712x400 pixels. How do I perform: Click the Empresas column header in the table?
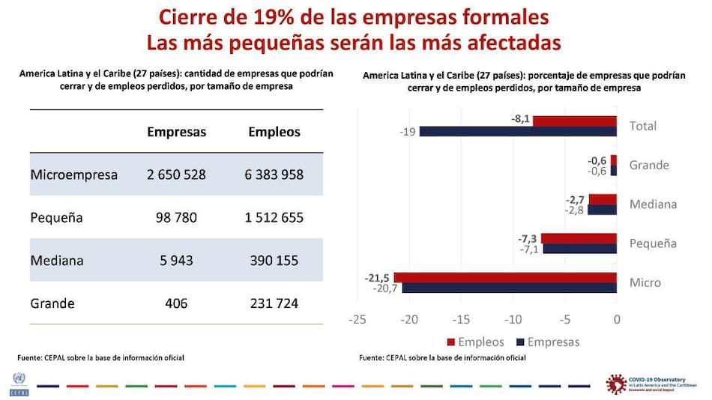pos(176,132)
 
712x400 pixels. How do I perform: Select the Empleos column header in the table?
pos(274,132)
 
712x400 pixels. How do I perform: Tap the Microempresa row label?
pos(74,175)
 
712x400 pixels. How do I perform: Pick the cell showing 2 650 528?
pos(176,175)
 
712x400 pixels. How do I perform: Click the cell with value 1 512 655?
pos(274,218)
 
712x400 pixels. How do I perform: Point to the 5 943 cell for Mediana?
pos(176,261)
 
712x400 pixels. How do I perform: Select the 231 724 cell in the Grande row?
pos(274,303)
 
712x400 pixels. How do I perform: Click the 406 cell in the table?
pos(176,303)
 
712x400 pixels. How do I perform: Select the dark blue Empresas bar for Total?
pos(517,132)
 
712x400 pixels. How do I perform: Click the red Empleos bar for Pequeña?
pos(579,239)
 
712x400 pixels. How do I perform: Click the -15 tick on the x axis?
pos(461,320)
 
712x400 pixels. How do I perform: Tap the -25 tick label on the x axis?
pos(357,320)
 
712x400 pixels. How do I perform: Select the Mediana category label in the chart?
pos(653,204)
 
